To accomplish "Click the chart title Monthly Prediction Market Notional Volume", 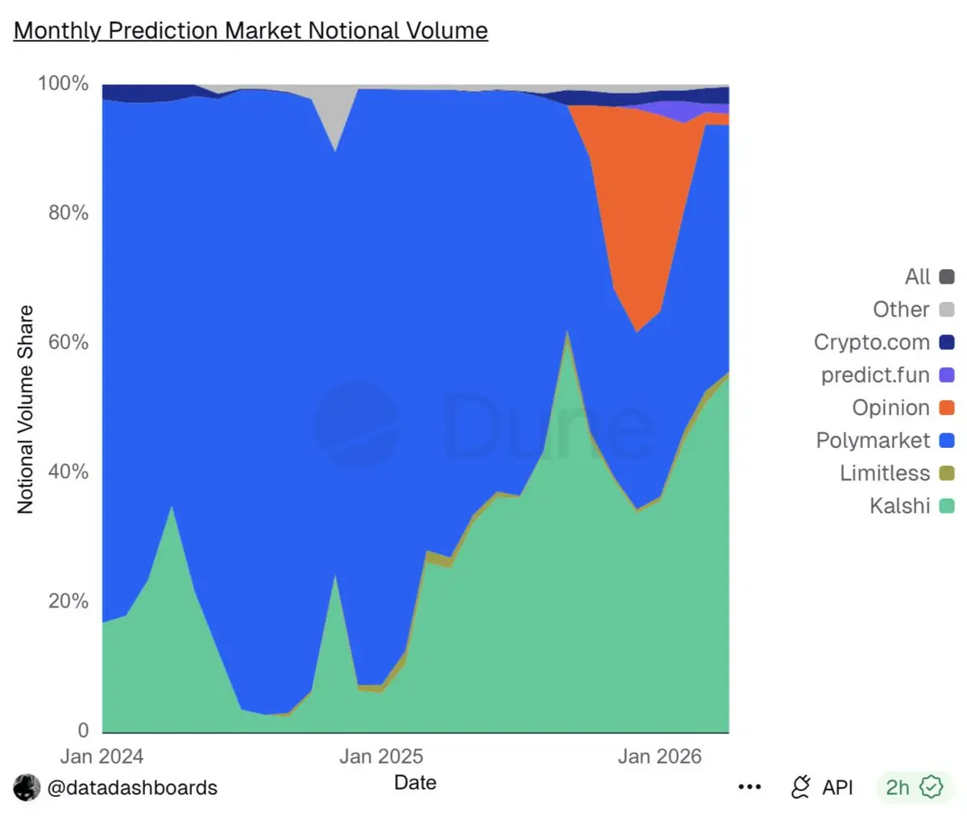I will click(251, 31).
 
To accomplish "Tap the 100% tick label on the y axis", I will click(63, 83).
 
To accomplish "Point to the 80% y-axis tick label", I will click(68, 213).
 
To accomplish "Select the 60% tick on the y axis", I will click(68, 342).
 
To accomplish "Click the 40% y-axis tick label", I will click(68, 471).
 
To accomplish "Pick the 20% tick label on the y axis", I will click(68, 601).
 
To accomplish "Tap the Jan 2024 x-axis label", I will click(102, 757).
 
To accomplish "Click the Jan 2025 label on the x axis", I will click(380, 757).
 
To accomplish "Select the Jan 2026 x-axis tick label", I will click(659, 757).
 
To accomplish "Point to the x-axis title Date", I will click(415, 782).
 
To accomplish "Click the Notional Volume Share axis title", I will click(26, 409).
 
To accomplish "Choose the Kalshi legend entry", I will click(899, 506).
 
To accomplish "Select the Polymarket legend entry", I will click(873, 441).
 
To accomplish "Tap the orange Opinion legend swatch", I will click(947, 408).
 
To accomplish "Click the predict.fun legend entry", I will click(875, 375).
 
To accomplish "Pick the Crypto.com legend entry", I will click(871, 342).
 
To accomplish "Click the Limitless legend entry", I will click(884, 473).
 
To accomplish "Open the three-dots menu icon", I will click(749, 787).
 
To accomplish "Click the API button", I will click(822, 787).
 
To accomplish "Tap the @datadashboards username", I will click(132, 787).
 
